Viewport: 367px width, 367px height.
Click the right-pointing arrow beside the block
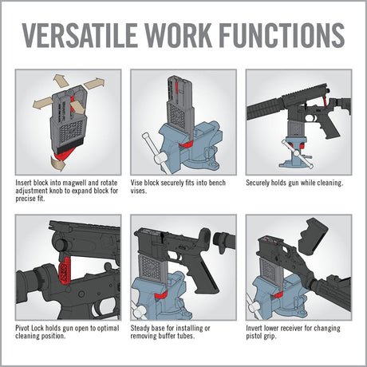click(x=95, y=84)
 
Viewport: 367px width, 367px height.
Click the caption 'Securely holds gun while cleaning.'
click(x=294, y=183)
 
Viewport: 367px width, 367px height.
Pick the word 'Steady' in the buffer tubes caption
click(x=142, y=327)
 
